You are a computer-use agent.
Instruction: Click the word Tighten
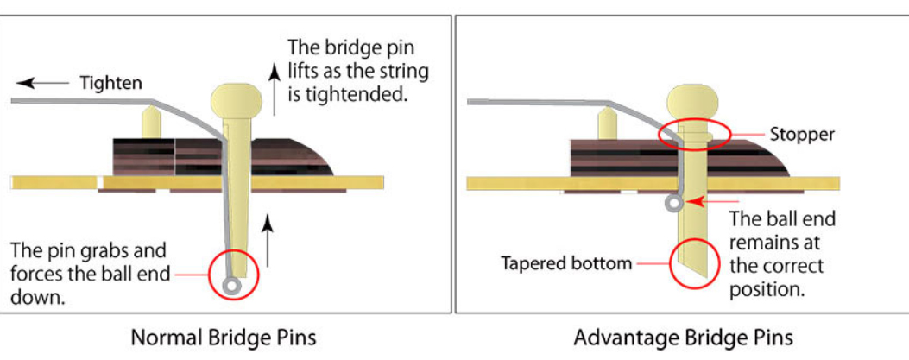pos(111,83)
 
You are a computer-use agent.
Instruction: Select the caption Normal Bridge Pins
pos(223,337)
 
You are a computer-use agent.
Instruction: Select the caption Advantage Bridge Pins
pos(683,337)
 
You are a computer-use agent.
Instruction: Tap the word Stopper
pos(802,135)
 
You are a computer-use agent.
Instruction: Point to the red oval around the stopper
pos(694,134)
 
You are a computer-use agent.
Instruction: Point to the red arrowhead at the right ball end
pos(693,202)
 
